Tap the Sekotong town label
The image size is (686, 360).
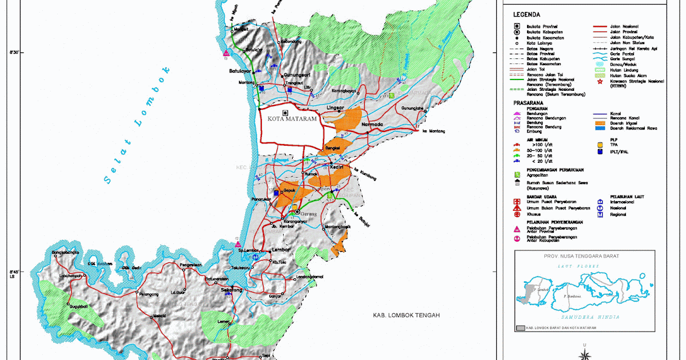(232, 290)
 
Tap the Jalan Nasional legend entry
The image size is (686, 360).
(624, 26)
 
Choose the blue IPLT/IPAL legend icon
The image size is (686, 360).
(599, 152)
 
